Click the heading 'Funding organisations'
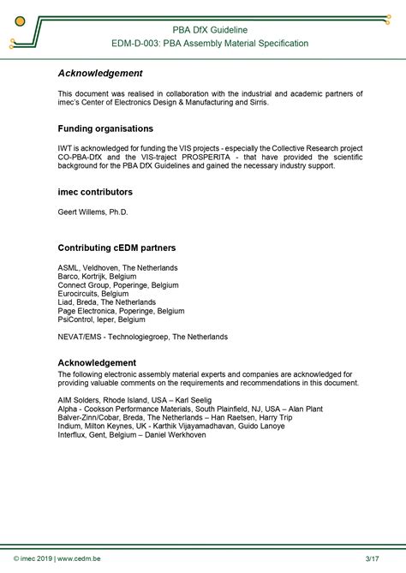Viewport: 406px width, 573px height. point(105,128)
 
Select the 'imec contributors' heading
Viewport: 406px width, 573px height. point(95,193)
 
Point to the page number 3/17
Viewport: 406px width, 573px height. point(372,558)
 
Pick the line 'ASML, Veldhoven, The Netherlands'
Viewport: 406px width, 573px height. point(117,267)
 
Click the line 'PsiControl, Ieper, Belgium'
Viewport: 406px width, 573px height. point(102,319)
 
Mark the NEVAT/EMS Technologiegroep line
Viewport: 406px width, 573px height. point(142,337)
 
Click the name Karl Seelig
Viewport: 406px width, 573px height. point(196,401)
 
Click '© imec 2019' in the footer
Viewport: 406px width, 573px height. point(31,558)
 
